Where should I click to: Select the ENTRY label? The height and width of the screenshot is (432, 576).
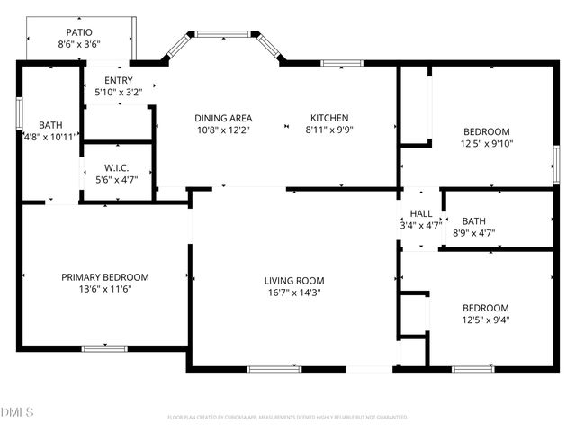tap(119, 80)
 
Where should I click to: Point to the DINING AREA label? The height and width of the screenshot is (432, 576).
tap(223, 118)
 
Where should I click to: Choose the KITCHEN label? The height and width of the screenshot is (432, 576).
tap(329, 118)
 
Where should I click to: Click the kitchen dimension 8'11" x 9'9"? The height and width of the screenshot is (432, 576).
tap(329, 130)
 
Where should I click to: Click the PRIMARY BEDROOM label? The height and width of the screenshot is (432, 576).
tap(105, 277)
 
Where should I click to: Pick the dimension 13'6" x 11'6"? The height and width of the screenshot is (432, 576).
tap(105, 289)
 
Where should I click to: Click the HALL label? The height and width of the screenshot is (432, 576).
tap(421, 213)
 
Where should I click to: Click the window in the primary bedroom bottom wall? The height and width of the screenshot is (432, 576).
tap(104, 348)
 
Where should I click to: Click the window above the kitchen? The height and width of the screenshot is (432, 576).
tap(337, 63)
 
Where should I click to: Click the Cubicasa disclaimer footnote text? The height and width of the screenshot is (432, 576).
tap(287, 418)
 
